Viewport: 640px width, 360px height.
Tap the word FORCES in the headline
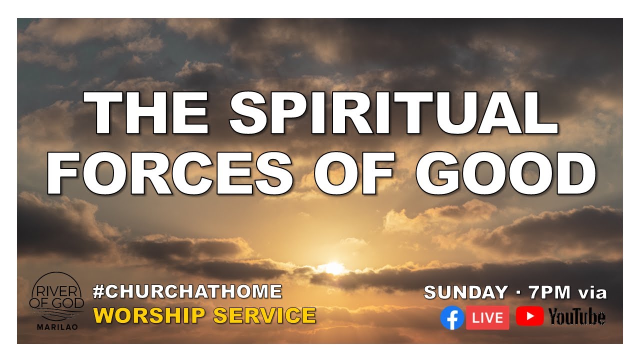[x=170, y=172]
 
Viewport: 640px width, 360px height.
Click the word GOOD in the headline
[x=505, y=172]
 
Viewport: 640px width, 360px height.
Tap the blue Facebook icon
[x=452, y=318]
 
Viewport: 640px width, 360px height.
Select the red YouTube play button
[x=529, y=316]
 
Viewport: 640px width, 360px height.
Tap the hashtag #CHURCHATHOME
[x=187, y=291]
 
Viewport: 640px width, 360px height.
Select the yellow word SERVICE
[x=264, y=315]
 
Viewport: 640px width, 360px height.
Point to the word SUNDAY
[x=465, y=292]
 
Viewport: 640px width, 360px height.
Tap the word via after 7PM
[x=592, y=292]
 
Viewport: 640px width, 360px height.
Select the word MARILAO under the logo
[x=56, y=328]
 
